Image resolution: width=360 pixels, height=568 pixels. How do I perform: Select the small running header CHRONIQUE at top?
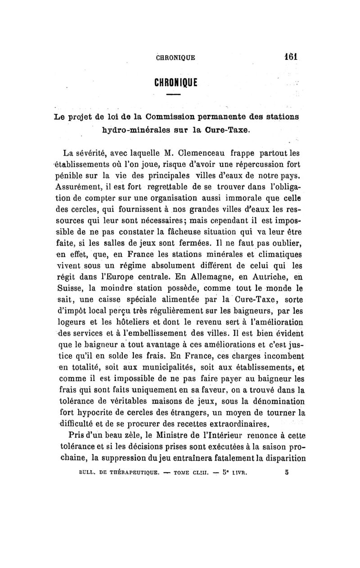tap(175, 58)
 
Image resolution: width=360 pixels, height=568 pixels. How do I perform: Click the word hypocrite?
tap(89, 413)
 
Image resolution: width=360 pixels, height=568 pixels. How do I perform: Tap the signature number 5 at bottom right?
tap(287, 473)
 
